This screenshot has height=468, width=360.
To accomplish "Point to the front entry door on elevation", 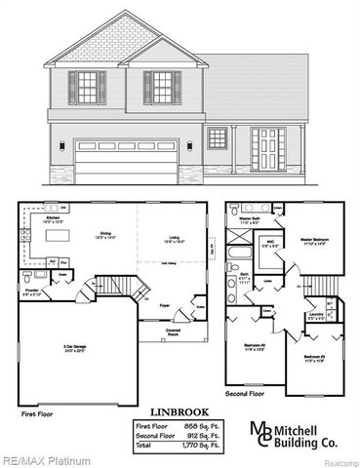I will (267, 149).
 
